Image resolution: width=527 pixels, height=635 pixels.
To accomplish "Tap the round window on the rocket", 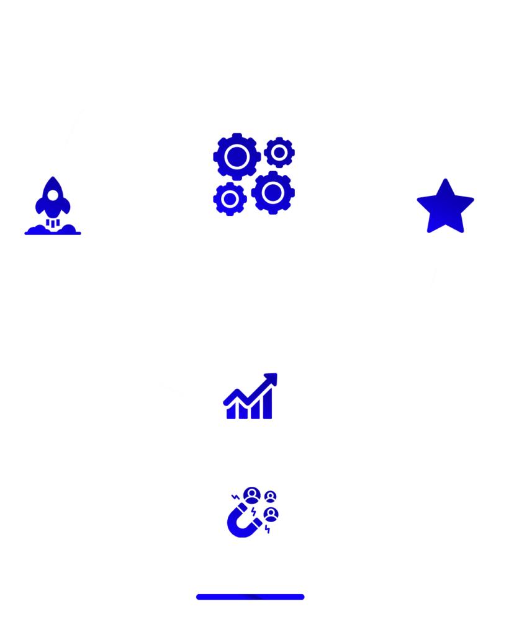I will point(53,195).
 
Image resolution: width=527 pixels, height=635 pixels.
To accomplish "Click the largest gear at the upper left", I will point(236,156).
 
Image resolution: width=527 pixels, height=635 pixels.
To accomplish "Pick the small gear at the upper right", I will point(279,152).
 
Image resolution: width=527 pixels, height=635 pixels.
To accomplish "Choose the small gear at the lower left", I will point(230,198).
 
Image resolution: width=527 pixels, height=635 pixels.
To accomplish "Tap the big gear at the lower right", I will point(273,192).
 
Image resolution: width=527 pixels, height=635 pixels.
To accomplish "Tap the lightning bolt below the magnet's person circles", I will point(268,529).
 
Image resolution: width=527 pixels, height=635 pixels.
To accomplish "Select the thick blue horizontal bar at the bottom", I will point(250,597).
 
